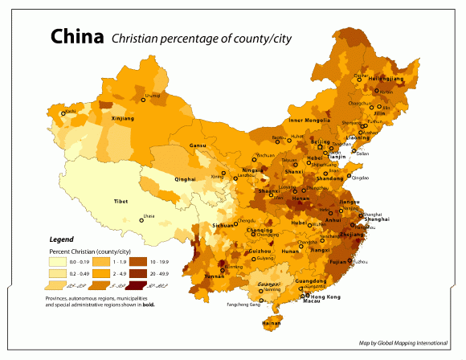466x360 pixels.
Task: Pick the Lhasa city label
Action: tap(148, 215)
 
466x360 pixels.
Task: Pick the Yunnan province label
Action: tap(215, 276)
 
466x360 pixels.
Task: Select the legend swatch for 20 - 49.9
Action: tap(137, 274)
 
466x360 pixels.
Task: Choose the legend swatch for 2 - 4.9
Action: tap(99, 274)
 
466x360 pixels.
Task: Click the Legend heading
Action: tap(62, 239)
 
